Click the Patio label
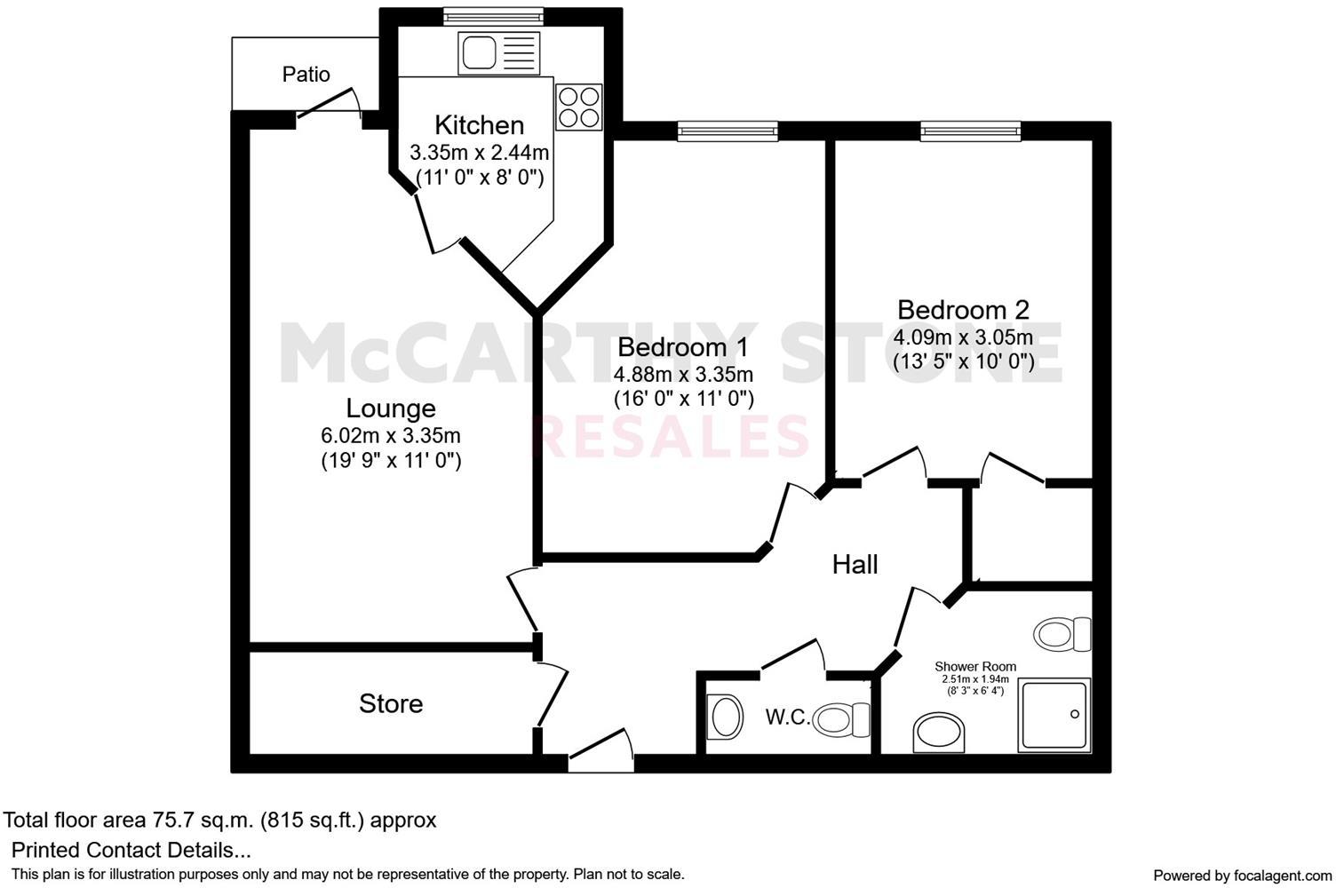[306, 75]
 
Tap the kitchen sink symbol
[498, 52]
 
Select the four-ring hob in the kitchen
[579, 107]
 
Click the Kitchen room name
[479, 125]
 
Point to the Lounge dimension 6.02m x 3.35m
[390, 436]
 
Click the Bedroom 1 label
[683, 346]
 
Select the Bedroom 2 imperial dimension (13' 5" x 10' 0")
[963, 361]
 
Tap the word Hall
[855, 565]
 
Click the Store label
[390, 704]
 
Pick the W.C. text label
[788, 718]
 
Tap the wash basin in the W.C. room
[726, 717]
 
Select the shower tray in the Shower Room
[1054, 714]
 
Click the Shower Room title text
[974, 667]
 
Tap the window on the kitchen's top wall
[493, 13]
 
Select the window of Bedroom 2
[970, 131]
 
